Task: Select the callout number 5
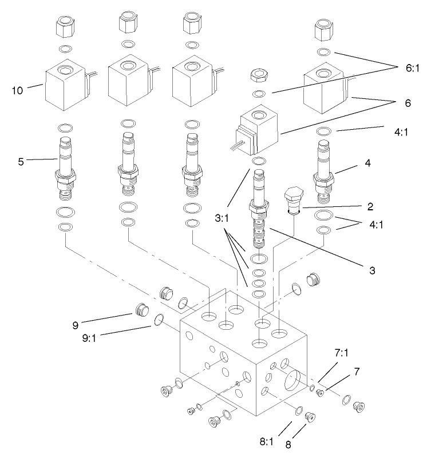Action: pyautogui.click(x=21, y=161)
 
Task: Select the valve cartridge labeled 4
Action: pyautogui.click(x=324, y=171)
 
